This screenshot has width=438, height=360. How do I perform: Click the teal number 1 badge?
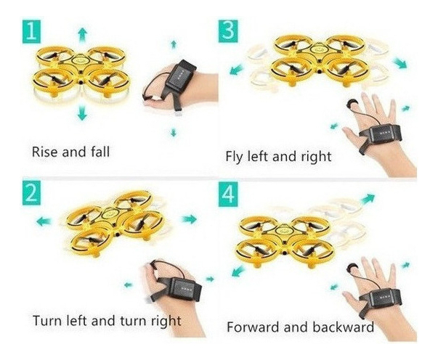[x=31, y=32]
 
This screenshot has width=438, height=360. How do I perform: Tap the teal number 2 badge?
[x=31, y=193]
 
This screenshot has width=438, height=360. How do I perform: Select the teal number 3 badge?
[x=228, y=31]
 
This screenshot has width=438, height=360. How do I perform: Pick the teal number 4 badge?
[x=228, y=194]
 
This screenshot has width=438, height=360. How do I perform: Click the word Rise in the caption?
[x=45, y=152]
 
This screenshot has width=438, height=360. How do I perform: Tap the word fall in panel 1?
[x=100, y=152]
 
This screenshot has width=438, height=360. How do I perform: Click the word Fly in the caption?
[x=235, y=157]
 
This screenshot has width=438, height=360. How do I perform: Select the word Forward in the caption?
[x=254, y=327]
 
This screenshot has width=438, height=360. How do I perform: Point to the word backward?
[x=343, y=327]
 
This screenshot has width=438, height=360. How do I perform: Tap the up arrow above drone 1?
[x=82, y=35]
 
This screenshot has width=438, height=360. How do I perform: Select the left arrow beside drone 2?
[x=44, y=222]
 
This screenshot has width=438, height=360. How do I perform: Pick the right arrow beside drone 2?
[x=189, y=219]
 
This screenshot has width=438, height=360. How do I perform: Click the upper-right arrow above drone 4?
[x=368, y=199]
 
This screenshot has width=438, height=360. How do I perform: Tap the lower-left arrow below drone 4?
[x=238, y=271]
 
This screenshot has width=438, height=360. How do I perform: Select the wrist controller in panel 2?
[x=184, y=289]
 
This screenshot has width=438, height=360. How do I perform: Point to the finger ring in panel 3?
[x=349, y=105]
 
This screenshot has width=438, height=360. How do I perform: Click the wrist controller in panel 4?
[x=384, y=296]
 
